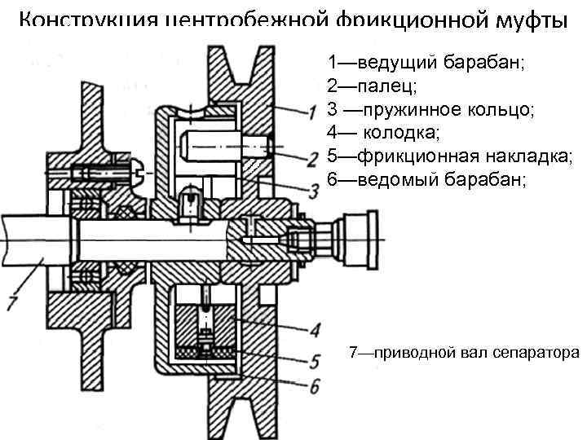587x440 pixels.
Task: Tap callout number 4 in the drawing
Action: (x=313, y=329)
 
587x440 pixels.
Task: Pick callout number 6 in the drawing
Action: (x=313, y=385)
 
